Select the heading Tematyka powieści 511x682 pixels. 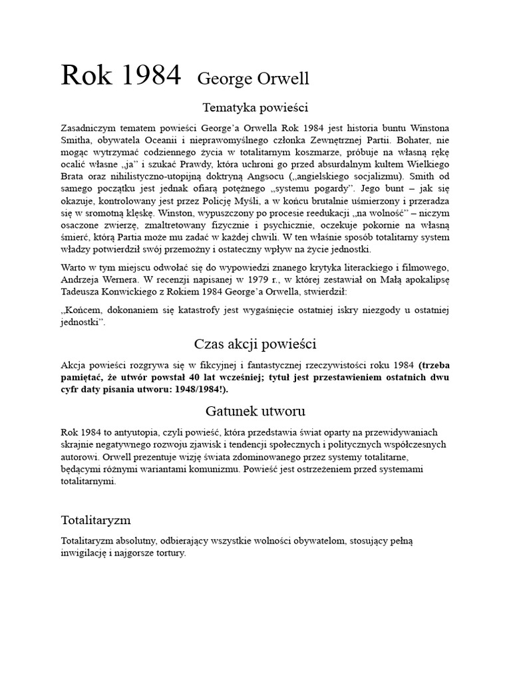pos(255,107)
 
